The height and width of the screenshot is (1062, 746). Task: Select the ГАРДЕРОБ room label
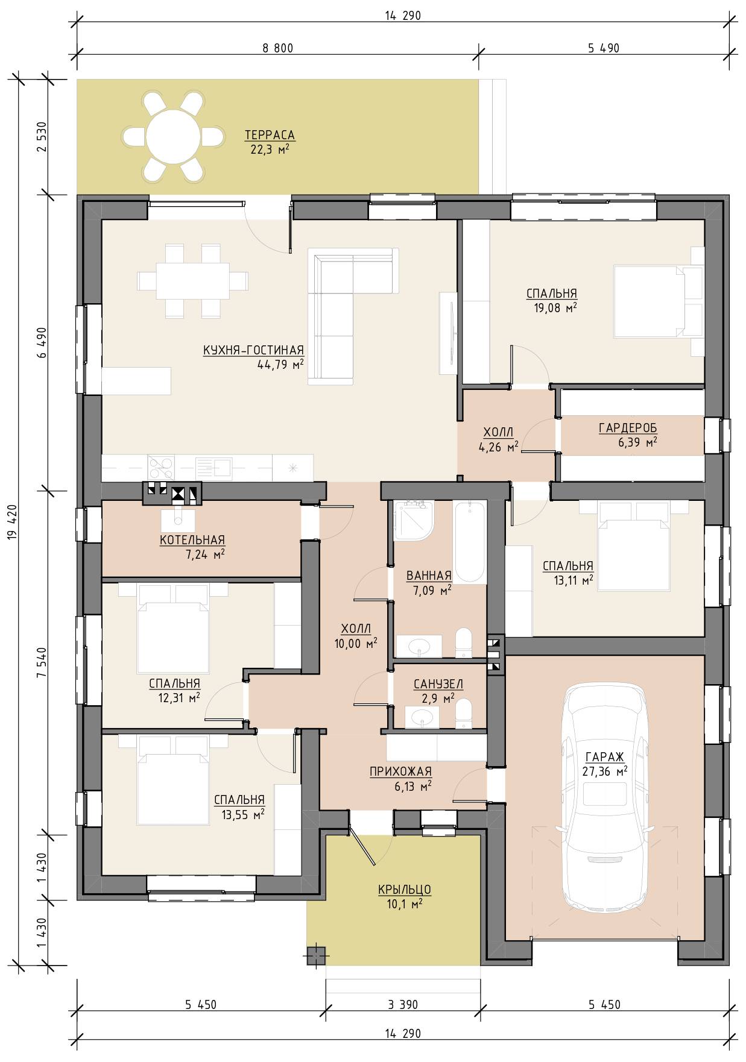click(627, 428)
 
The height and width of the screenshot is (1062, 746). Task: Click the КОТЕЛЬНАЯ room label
click(192, 540)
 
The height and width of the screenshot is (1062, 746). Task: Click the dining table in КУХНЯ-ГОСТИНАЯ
click(192, 281)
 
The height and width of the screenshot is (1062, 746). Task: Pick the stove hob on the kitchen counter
click(161, 468)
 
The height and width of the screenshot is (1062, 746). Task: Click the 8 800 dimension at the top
click(278, 48)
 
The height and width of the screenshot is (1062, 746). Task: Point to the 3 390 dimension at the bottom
click(403, 1005)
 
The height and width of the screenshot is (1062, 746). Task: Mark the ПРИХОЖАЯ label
click(400, 771)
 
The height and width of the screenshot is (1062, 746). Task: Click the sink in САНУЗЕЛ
click(421, 717)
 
